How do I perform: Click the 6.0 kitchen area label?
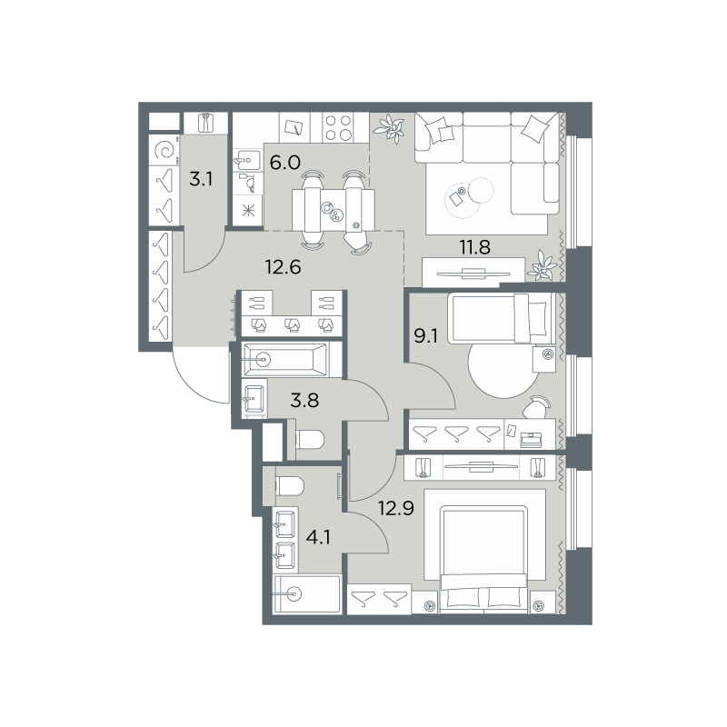285,163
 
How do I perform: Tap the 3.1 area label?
201,178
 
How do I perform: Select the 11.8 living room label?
474,247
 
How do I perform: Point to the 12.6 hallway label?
283,267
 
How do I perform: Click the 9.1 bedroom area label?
425,335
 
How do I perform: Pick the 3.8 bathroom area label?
304,400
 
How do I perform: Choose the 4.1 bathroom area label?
318,538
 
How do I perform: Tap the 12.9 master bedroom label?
396,509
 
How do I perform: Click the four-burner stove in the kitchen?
339,127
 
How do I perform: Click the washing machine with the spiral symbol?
164,150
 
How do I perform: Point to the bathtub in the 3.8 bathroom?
285,359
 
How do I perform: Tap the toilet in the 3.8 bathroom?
310,440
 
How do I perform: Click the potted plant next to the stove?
391,128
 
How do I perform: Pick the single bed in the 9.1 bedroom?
502,318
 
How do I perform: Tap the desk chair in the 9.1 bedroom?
536,407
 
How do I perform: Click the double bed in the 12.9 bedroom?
484,559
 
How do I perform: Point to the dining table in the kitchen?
334,210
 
